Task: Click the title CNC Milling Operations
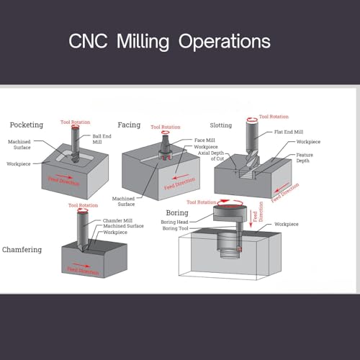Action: click(x=169, y=42)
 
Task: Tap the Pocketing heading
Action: click(x=27, y=125)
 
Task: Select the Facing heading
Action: click(x=129, y=125)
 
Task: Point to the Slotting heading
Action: click(x=221, y=125)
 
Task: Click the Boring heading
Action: click(x=177, y=212)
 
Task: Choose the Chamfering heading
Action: click(x=22, y=250)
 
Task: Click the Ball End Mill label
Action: click(x=102, y=139)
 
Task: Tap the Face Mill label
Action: click(x=204, y=140)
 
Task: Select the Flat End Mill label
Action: click(x=289, y=132)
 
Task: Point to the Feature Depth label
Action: click(x=305, y=158)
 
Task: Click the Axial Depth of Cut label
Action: click(x=211, y=156)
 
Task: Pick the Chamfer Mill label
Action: click(x=117, y=220)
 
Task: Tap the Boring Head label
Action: click(x=174, y=222)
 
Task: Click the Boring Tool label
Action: click(x=175, y=228)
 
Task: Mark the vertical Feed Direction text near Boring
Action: click(x=258, y=212)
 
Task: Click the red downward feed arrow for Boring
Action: click(x=251, y=219)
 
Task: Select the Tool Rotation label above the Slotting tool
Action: click(x=274, y=117)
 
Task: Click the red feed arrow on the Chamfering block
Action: click(x=81, y=265)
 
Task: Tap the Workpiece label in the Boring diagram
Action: click(x=287, y=224)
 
